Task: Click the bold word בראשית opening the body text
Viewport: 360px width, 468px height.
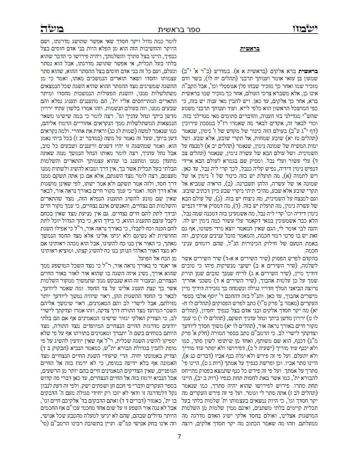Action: coord(321,63)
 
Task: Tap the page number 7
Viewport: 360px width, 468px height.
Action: coord(179,438)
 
